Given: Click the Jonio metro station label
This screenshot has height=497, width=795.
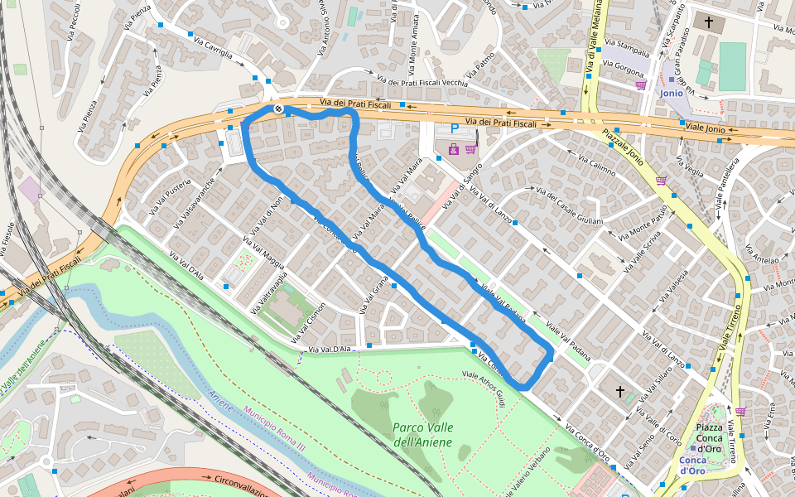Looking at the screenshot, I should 672,93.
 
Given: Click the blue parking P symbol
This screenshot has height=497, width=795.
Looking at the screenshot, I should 454,129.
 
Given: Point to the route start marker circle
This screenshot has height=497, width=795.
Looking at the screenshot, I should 278,109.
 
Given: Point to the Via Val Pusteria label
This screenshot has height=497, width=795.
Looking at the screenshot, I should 171,197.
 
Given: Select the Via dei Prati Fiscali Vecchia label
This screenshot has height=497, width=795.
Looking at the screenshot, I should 422,82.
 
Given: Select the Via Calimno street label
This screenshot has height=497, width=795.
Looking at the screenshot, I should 591,166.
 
